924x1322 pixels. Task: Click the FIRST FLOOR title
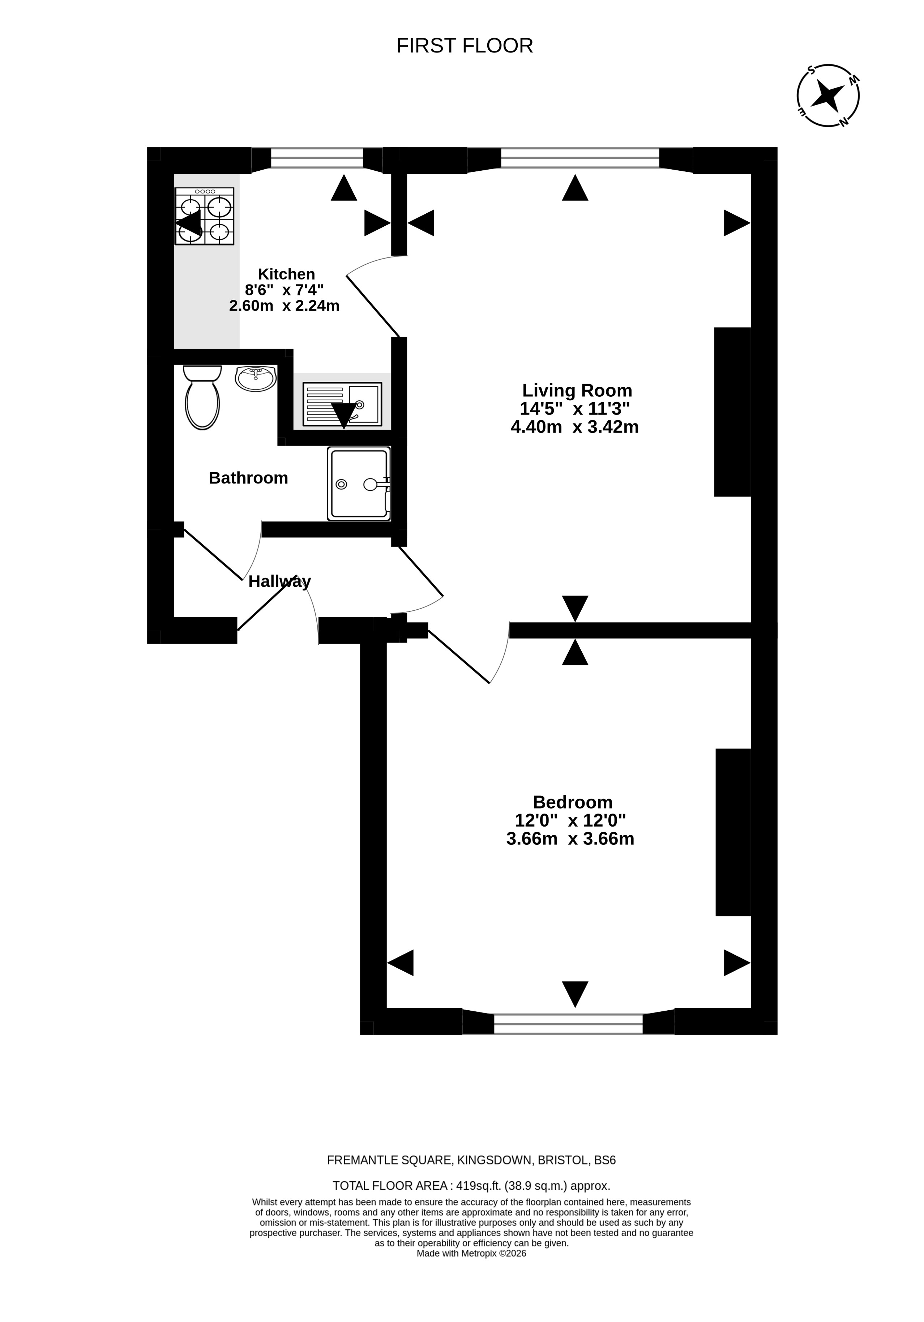point(465,46)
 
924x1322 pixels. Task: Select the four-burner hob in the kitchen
point(204,216)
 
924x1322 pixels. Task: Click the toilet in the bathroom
point(202,397)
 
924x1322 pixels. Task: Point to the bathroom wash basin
point(256,378)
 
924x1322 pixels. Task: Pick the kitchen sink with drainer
point(342,404)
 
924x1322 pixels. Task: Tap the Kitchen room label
point(286,274)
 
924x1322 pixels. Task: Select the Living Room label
point(577,391)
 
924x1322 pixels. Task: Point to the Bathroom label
point(248,478)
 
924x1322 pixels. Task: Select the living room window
point(580,158)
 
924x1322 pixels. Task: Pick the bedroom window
point(568,1024)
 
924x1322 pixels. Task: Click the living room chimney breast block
point(732,412)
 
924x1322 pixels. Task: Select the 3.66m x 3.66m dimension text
point(570,838)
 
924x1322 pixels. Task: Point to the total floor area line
point(471,1186)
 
